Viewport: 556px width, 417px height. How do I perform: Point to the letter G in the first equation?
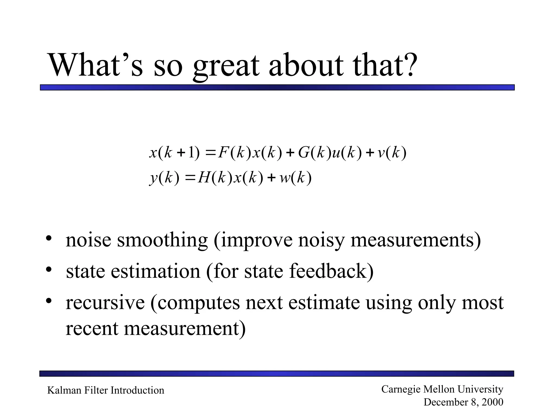pos(304,153)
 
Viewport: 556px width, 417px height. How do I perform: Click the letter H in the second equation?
pos(204,178)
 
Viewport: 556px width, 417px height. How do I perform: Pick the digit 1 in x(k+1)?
pos(191,153)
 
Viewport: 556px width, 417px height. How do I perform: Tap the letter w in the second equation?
pos(285,179)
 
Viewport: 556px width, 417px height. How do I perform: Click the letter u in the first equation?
pos(336,153)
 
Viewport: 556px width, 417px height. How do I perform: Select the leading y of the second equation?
pos(154,179)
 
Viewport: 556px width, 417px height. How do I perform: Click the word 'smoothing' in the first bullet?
pos(162,240)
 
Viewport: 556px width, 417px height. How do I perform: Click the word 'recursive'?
pos(105,303)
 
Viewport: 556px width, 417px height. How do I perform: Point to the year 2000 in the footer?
pos(492,402)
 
